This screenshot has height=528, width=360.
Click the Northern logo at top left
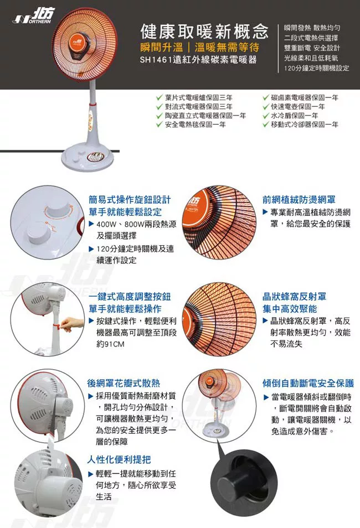click(x=33, y=16)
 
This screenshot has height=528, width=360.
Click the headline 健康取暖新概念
click(x=204, y=32)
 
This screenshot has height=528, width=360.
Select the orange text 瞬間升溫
click(x=162, y=47)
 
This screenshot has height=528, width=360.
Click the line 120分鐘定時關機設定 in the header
click(x=316, y=68)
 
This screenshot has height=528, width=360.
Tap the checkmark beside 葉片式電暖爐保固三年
click(x=160, y=97)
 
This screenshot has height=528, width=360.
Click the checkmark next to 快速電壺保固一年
click(x=266, y=107)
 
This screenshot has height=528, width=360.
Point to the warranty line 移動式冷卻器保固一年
click(x=305, y=125)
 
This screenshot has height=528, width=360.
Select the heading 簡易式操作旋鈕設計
click(x=130, y=199)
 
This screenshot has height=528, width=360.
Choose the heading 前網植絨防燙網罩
click(x=299, y=199)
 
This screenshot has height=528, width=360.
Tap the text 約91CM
click(x=110, y=344)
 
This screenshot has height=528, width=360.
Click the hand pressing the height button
click(x=71, y=324)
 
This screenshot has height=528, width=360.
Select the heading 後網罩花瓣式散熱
click(x=124, y=383)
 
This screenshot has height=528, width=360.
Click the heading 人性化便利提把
click(x=119, y=459)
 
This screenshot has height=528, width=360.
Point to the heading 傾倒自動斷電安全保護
click(x=308, y=383)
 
